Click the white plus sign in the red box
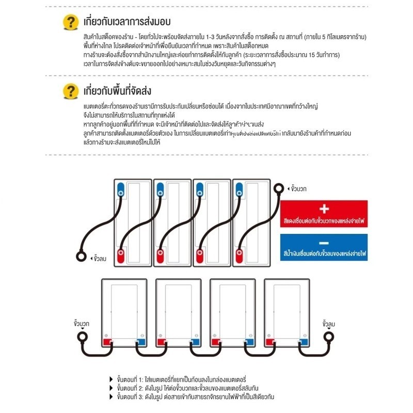(x=324, y=209)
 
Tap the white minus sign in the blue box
(x=324, y=243)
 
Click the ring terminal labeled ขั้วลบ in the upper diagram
(x=82, y=256)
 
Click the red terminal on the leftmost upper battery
(x=121, y=255)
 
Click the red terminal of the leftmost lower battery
(x=108, y=341)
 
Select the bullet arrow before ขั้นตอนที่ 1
(x=112, y=378)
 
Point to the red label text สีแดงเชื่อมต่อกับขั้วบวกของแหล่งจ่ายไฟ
(x=324, y=220)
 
